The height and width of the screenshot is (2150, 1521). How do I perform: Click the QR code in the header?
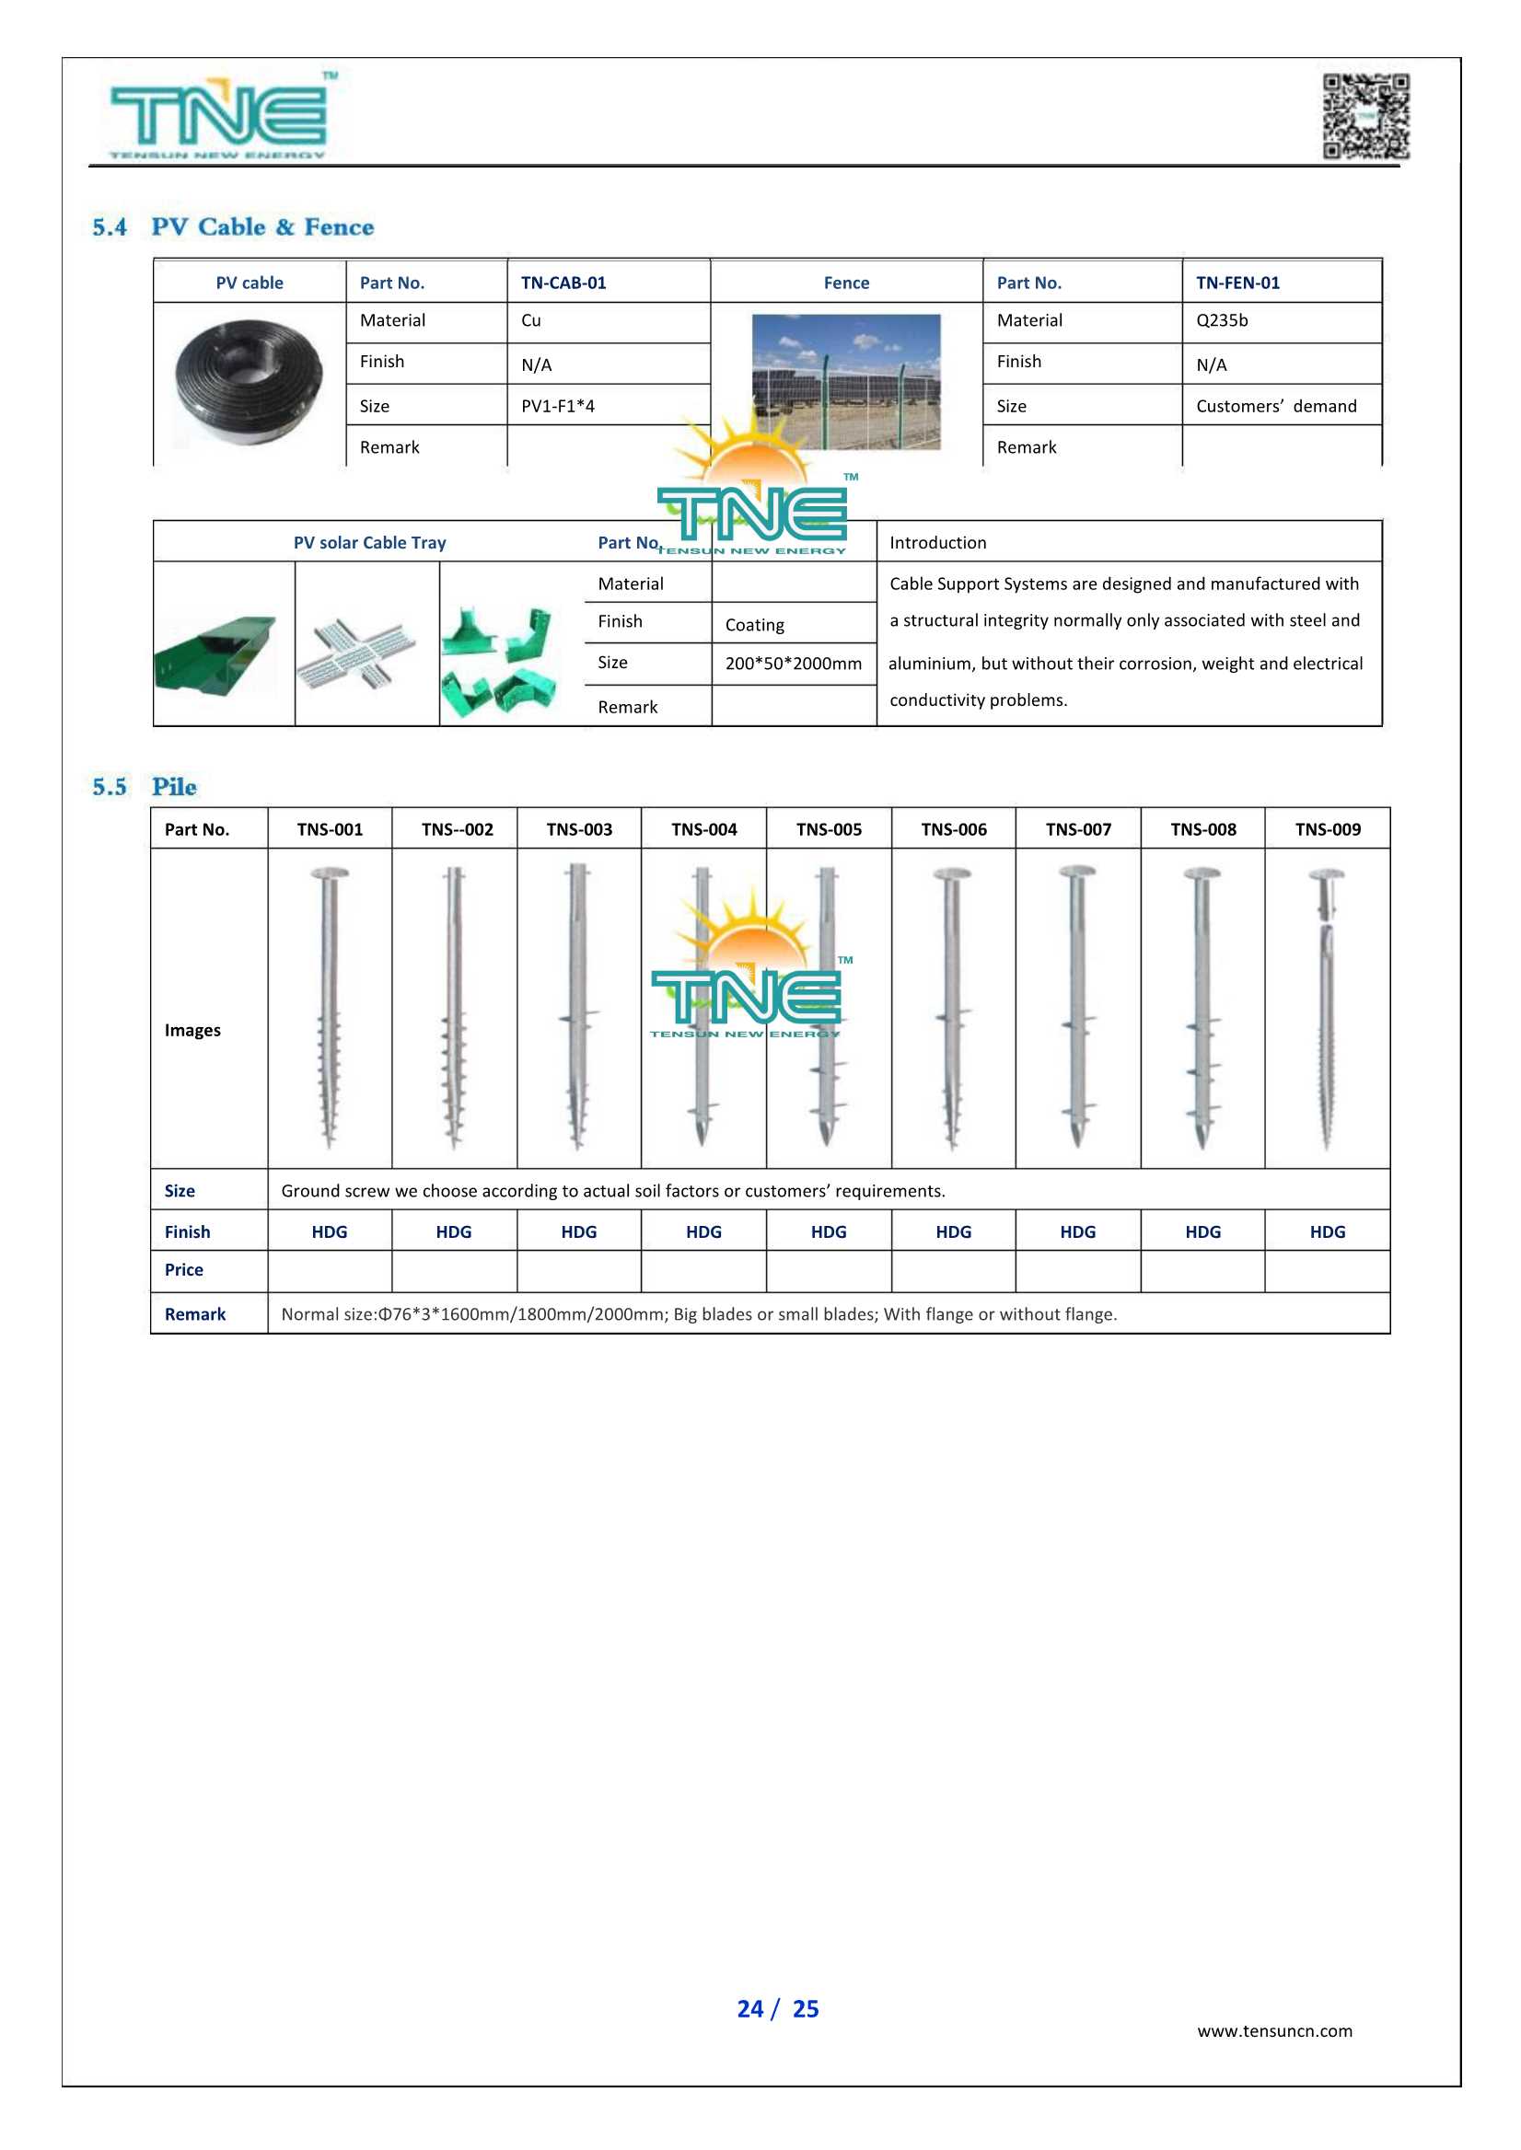coord(1365,116)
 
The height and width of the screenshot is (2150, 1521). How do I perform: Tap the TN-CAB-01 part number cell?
coord(563,283)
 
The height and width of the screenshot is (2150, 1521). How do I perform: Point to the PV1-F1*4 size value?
coord(557,407)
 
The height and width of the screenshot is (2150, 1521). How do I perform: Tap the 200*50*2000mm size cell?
coord(793,664)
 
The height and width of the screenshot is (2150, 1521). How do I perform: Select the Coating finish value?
coord(754,625)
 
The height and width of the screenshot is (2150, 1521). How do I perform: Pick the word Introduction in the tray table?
coord(937,543)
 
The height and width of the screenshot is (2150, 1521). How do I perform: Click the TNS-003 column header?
coord(579,829)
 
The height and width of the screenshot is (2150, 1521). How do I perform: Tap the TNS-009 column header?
coord(1327,829)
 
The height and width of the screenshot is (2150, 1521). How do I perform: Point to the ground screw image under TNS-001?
coord(329,1008)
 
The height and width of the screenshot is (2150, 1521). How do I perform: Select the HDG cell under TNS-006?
coord(954,1232)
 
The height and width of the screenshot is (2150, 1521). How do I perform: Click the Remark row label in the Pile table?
coord(195,1314)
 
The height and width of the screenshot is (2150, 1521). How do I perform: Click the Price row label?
coord(183,1271)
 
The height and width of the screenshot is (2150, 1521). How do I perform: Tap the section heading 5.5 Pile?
coord(145,787)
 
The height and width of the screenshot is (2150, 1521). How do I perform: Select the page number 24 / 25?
coord(777,2008)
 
